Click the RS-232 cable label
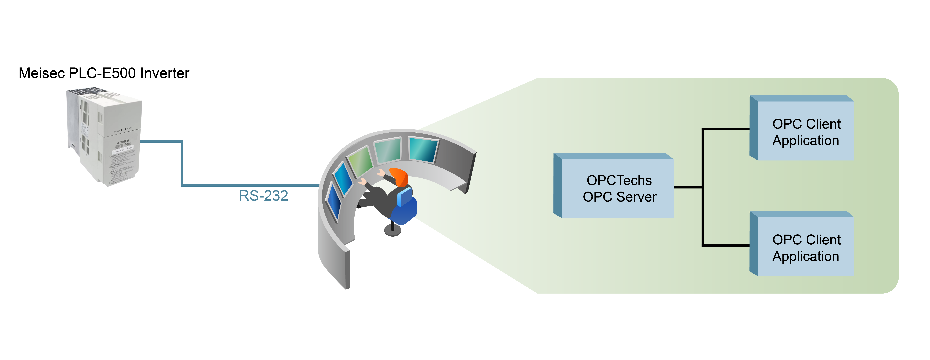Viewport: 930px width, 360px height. pos(263,196)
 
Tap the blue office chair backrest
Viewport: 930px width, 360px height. pos(405,197)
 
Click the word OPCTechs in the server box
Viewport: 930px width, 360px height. pos(619,180)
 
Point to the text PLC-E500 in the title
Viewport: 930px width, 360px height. pos(102,73)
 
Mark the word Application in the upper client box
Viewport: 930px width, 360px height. pos(806,140)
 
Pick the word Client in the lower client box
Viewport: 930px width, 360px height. pos(824,240)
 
